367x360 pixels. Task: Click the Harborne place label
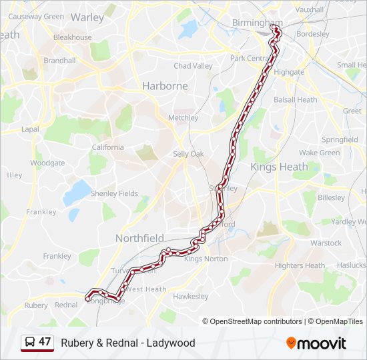coord(165,86)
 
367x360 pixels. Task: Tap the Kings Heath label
coord(279,167)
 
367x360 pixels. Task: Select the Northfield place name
coord(139,238)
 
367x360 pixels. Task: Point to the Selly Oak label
coord(188,154)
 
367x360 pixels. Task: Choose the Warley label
coord(87,17)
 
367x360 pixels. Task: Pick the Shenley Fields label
coord(114,193)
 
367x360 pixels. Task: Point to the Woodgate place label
coord(47,163)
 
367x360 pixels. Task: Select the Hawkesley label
coord(191,296)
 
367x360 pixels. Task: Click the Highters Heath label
coord(300,265)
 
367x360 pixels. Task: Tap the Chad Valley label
coord(193,66)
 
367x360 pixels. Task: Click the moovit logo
coord(316,343)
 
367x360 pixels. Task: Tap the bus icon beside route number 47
coord(30,343)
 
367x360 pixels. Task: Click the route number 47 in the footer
coord(45,342)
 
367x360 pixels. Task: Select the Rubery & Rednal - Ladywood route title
coord(128,343)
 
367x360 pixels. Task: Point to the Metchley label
coord(183,118)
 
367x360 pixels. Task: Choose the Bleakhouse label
coord(72,37)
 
